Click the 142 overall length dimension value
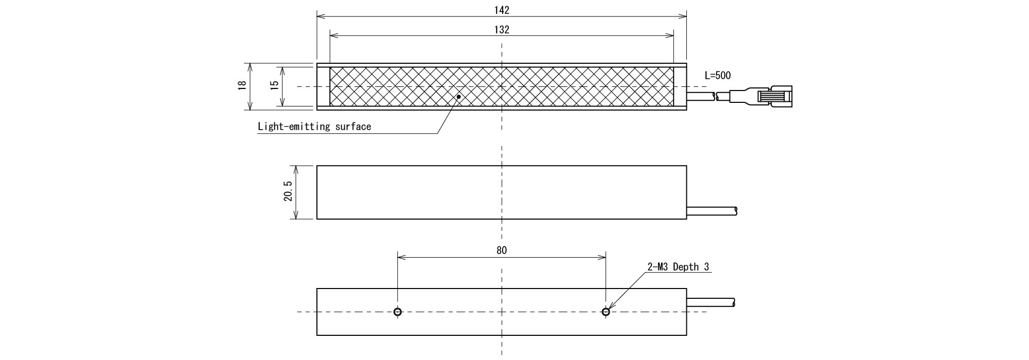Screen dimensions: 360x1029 coord(502,10)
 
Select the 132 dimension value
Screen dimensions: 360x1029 coord(502,30)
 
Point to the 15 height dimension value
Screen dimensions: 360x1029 coord(275,86)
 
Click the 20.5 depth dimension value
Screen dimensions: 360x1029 coord(288,192)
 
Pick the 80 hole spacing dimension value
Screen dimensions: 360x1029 coord(502,250)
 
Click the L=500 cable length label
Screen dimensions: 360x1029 coord(717,76)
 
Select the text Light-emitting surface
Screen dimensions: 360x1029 coord(314,127)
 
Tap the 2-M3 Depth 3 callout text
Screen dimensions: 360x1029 coord(678,267)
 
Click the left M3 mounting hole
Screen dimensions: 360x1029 coord(398,312)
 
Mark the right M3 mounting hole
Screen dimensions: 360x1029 coord(606,312)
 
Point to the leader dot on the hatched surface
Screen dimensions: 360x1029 coord(458,96)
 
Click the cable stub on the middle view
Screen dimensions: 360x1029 coord(712,210)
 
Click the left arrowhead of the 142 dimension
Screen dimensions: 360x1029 coord(320,16)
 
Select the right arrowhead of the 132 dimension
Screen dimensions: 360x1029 coord(670,35)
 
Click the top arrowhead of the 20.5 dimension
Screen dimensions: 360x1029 coord(295,169)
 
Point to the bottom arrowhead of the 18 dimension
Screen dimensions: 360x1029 coord(250,106)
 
